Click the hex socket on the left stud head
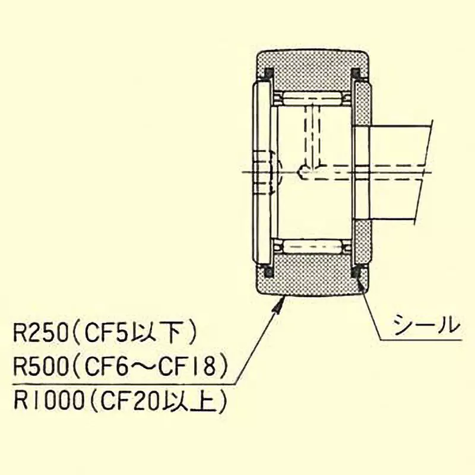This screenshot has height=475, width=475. click(271, 172)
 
